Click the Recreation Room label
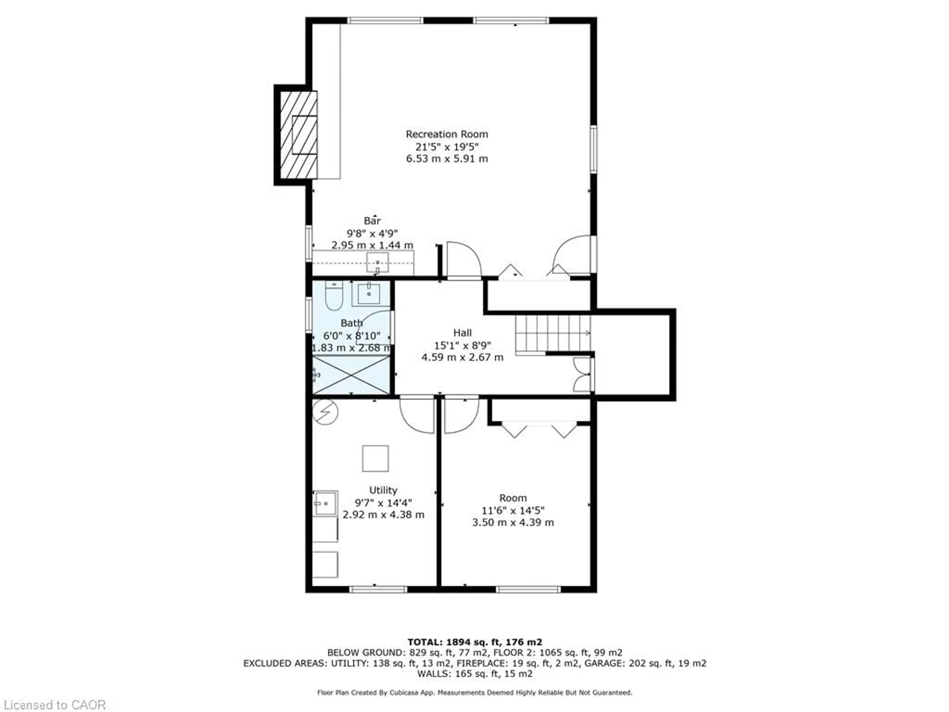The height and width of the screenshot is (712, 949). [447, 134]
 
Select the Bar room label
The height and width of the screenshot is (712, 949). [372, 221]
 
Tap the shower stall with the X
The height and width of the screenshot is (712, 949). [351, 375]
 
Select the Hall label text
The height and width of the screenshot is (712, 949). [462, 333]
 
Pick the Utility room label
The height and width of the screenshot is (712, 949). [383, 490]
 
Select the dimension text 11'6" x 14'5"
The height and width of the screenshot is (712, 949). [513, 511]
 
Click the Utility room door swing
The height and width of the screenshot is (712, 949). [416, 415]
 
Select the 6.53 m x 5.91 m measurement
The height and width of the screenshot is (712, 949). [447, 159]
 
